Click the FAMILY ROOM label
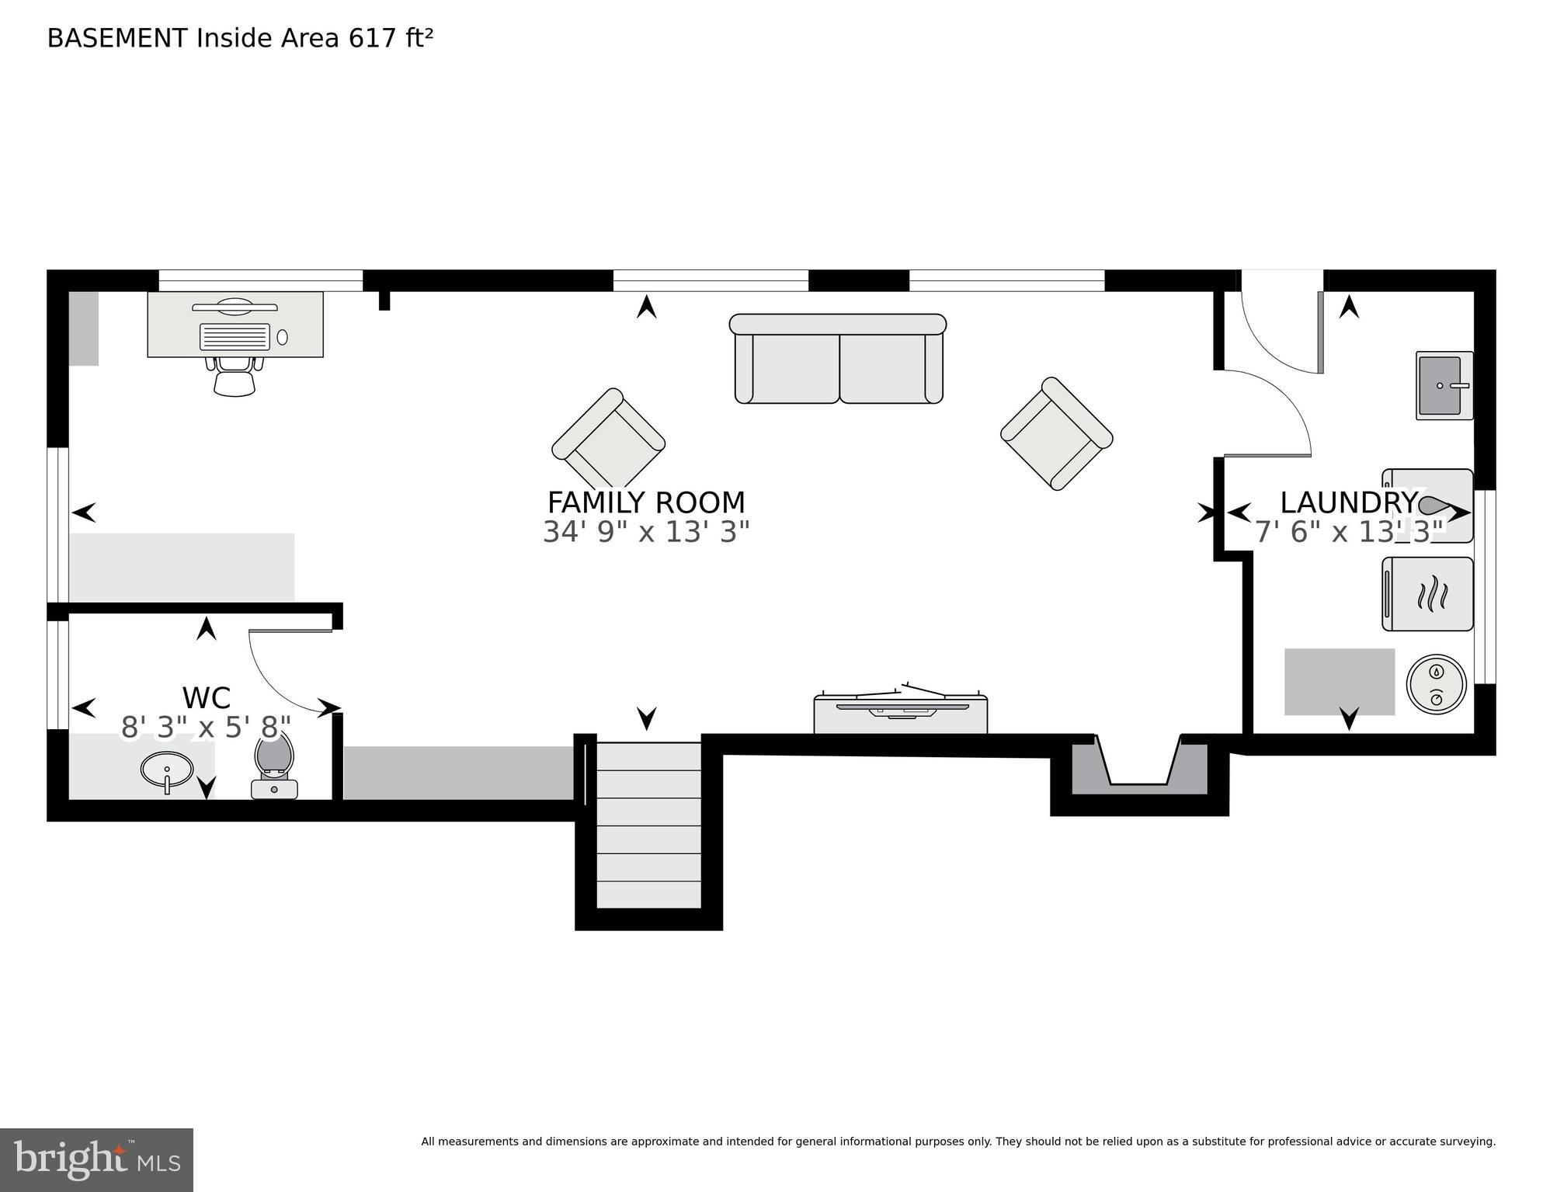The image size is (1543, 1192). (x=645, y=502)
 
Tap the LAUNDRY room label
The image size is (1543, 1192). (x=1348, y=502)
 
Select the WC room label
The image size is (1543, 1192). (x=206, y=697)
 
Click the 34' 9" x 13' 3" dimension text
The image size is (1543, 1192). (x=645, y=533)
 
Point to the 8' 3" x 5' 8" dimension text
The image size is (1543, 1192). (x=206, y=728)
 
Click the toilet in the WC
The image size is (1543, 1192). (x=274, y=765)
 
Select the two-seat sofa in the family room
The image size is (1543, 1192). (x=838, y=359)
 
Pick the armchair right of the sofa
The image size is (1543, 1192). (x=1056, y=433)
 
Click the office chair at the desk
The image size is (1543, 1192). (x=234, y=377)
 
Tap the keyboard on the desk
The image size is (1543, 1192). (x=235, y=337)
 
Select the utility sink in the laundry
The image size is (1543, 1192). (x=1443, y=385)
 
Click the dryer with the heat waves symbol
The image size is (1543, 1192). (x=1427, y=594)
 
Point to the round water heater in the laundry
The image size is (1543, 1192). (x=1436, y=684)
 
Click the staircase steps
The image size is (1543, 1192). (x=648, y=825)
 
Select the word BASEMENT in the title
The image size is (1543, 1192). (x=117, y=38)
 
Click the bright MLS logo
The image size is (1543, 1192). (x=96, y=1159)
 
